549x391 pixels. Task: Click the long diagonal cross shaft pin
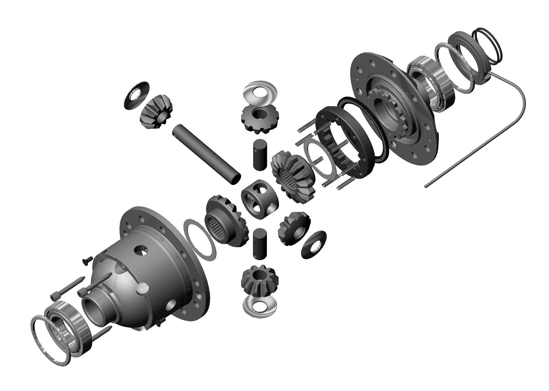[206, 154]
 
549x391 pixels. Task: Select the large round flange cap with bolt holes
[393, 101]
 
